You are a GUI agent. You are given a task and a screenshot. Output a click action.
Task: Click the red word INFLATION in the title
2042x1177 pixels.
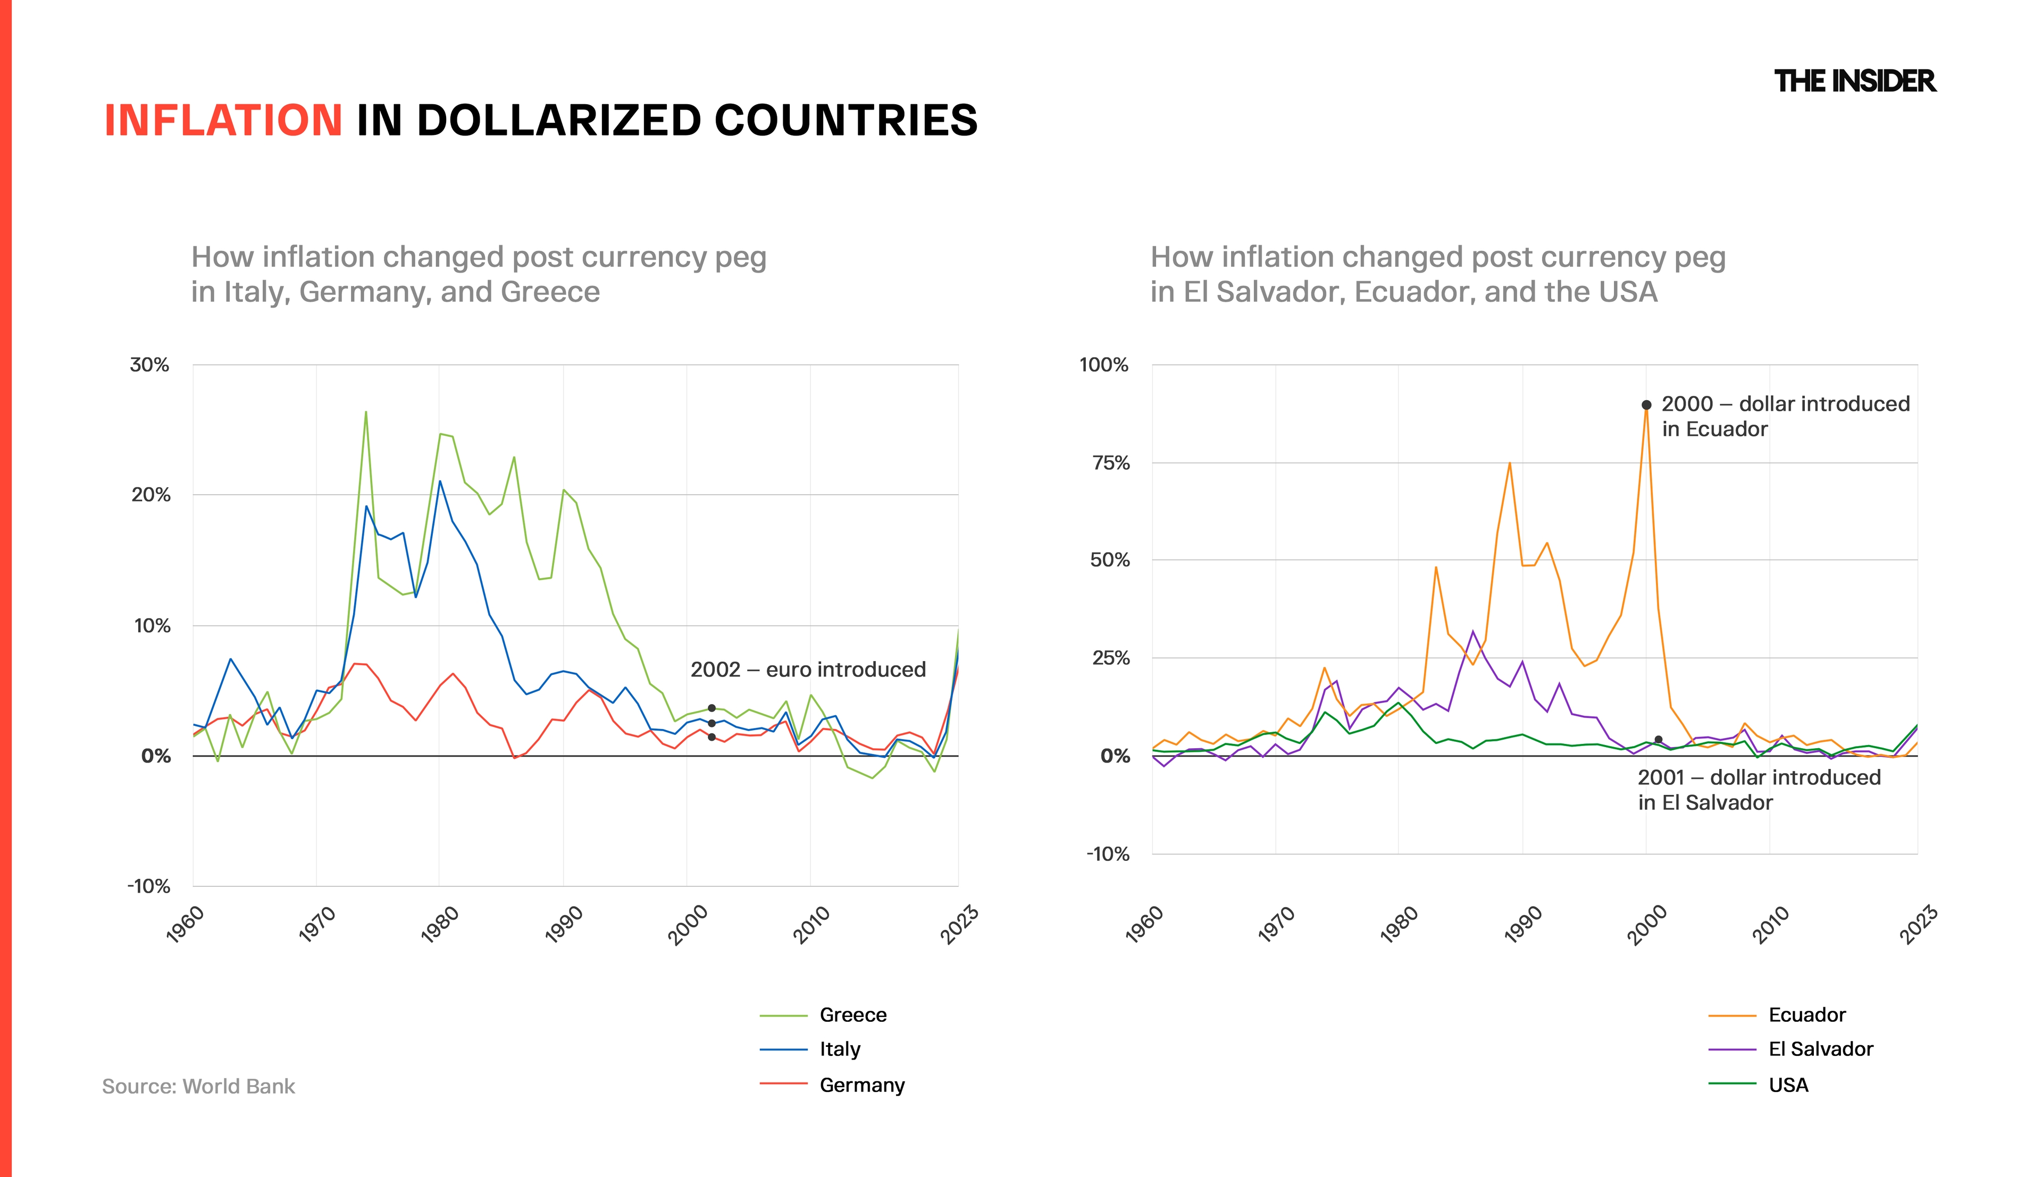tap(223, 121)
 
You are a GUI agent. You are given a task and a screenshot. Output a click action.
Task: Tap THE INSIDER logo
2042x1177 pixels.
tap(1854, 81)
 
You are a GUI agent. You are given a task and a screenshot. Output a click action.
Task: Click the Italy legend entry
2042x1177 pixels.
tap(840, 1049)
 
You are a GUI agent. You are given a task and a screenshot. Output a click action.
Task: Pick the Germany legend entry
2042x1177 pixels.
tap(861, 1085)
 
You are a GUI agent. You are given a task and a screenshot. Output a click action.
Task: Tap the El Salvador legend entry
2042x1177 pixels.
tap(1820, 1049)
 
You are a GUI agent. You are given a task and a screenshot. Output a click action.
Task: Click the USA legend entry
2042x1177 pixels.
tap(1788, 1085)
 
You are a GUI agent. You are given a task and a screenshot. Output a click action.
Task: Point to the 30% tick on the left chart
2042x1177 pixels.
tap(149, 365)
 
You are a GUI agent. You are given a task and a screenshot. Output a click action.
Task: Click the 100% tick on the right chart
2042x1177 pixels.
tap(1104, 365)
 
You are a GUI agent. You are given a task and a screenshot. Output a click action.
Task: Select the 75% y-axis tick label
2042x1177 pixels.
tap(1110, 463)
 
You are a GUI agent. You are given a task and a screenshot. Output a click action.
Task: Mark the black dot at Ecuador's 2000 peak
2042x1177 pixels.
tap(1646, 405)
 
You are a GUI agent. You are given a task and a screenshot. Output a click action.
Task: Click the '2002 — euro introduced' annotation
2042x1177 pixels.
tap(808, 670)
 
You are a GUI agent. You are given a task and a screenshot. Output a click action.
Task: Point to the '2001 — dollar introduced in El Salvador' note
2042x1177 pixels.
tap(1759, 790)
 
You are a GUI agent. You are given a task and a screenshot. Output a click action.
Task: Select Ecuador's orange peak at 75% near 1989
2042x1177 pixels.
tap(1510, 463)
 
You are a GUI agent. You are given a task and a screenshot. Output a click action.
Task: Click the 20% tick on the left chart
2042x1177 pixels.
tap(151, 495)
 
